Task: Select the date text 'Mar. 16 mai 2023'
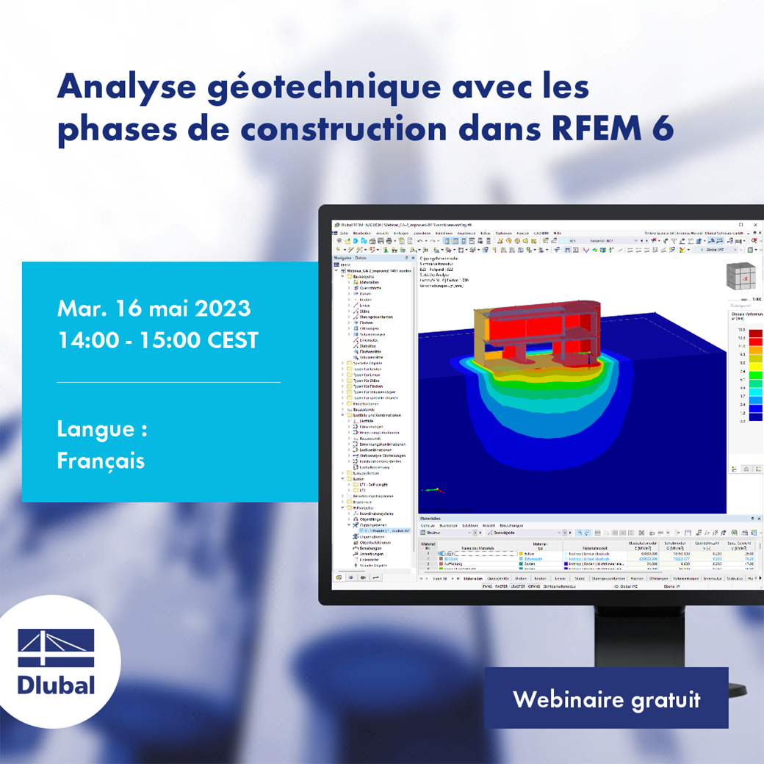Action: [154, 308]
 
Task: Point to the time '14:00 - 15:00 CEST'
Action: [157, 341]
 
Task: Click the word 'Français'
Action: [100, 461]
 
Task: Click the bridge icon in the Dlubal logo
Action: [56, 648]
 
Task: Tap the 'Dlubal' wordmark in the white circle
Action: [56, 685]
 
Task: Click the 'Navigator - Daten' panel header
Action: [350, 258]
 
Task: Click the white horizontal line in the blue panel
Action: [168, 382]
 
